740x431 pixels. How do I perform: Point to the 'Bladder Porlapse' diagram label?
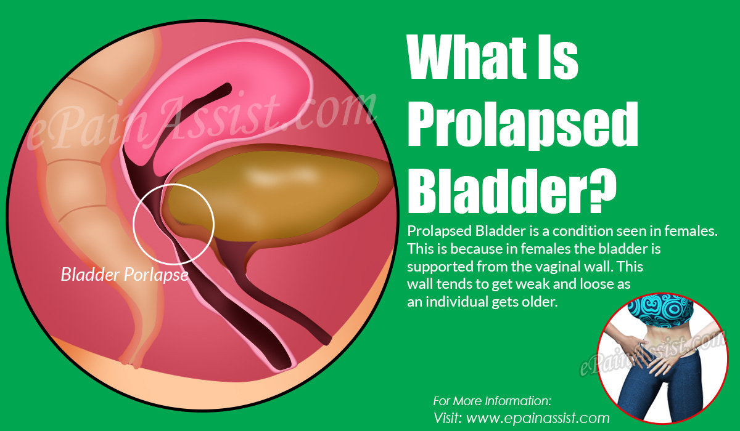coord(124,275)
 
